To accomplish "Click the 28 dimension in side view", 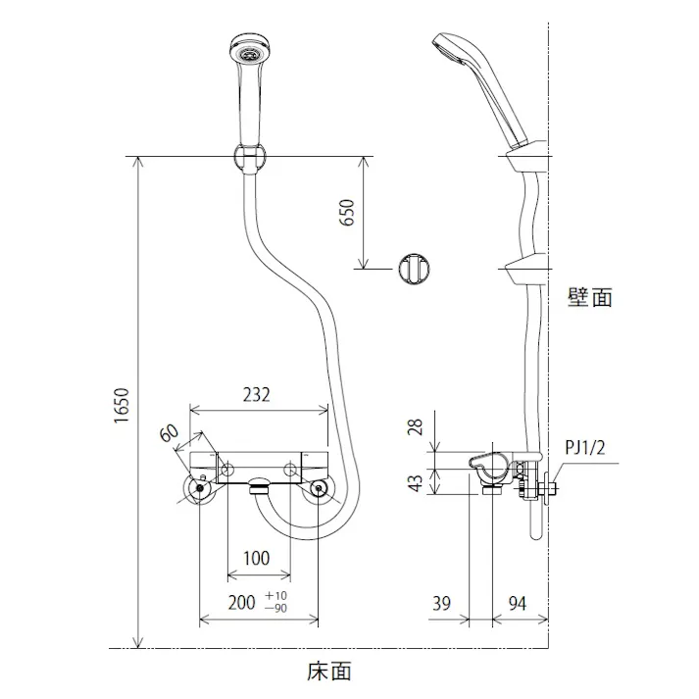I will tap(417, 427).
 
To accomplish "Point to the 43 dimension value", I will tap(417, 481).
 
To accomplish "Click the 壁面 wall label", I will tap(589, 297).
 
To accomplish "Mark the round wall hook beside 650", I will tap(414, 267).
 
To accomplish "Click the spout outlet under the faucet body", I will tap(260, 484).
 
